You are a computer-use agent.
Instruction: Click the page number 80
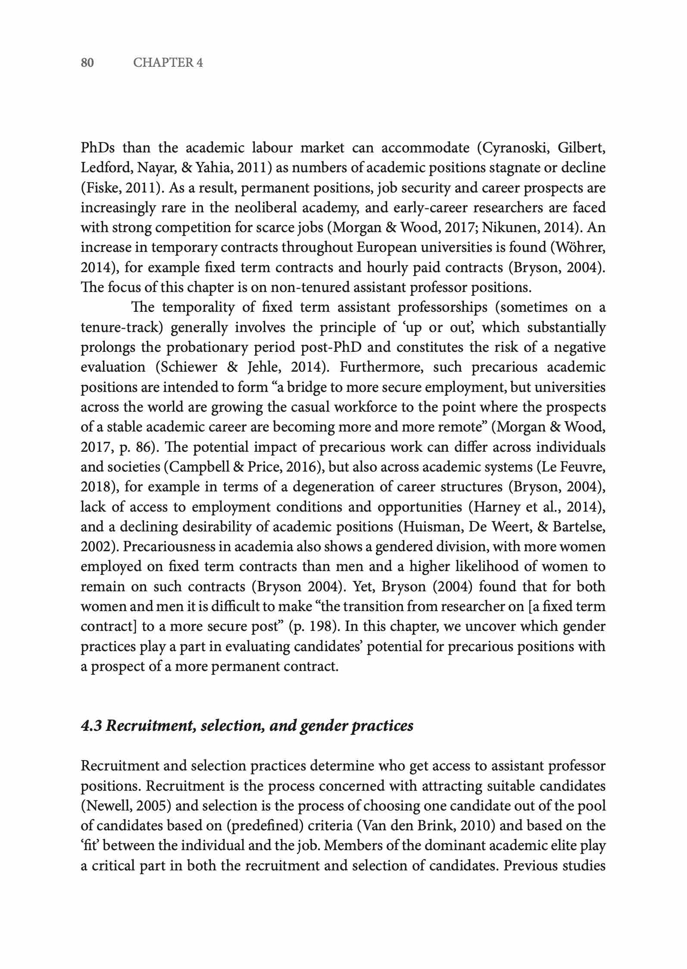point(87,63)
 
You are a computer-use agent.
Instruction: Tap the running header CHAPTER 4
point(168,63)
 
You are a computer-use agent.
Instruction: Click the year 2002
point(97,547)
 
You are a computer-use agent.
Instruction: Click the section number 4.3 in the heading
point(91,726)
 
